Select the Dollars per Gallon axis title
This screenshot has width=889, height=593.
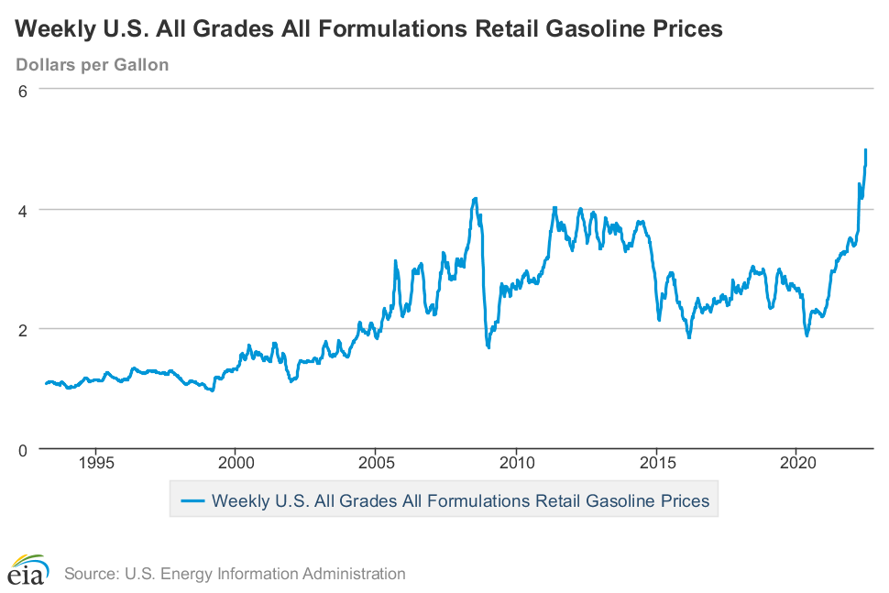click(93, 65)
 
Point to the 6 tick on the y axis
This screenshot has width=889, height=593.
click(25, 90)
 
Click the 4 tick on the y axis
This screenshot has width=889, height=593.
click(25, 210)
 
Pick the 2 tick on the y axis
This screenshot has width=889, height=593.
click(25, 329)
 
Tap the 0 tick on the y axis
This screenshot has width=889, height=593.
click(25, 449)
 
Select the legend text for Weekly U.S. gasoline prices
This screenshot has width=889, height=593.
click(460, 501)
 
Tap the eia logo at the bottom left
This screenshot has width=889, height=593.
click(28, 570)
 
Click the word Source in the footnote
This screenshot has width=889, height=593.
click(89, 575)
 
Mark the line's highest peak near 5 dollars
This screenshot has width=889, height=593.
click(866, 150)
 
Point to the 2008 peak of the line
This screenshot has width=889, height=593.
click(475, 198)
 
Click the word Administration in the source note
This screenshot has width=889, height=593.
click(356, 575)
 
